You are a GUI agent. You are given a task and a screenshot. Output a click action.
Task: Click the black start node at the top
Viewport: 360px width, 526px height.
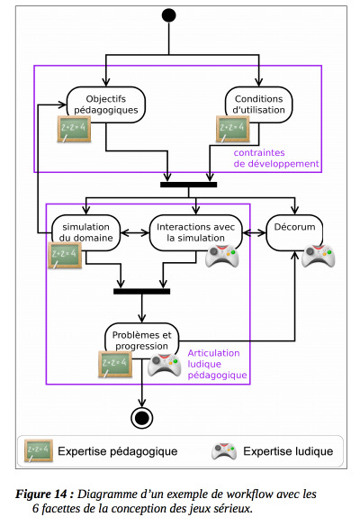(168, 15)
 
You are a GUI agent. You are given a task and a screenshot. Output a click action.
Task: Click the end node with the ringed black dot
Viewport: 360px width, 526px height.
(142, 418)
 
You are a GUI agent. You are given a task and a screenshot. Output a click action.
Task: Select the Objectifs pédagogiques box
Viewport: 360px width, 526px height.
(106, 104)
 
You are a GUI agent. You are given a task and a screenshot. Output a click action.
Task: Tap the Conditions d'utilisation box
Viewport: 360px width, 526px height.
(259, 104)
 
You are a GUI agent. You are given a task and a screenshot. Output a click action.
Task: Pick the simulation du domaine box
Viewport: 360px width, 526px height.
(85, 232)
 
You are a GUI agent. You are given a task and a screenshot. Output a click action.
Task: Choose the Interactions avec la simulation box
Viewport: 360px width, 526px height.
(196, 232)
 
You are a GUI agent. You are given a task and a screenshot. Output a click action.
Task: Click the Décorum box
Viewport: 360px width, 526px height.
(294, 232)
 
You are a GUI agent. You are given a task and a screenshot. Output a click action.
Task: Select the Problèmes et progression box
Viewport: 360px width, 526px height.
(142, 340)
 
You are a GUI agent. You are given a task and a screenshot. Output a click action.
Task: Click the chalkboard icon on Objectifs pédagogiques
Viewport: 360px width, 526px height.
(74, 129)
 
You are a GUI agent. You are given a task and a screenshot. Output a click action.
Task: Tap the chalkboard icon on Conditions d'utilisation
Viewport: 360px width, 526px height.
(233, 129)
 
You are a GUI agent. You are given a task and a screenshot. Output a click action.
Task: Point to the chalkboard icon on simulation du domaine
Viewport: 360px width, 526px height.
(65, 255)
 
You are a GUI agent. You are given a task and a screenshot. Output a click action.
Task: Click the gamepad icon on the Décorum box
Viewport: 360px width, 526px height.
(319, 256)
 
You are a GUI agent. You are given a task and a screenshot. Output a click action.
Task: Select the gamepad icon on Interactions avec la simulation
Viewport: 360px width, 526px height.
(222, 256)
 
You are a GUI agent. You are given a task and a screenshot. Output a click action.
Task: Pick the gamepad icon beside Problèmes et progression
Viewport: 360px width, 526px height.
(165, 365)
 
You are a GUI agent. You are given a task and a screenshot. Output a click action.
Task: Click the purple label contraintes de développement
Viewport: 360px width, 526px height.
(276, 159)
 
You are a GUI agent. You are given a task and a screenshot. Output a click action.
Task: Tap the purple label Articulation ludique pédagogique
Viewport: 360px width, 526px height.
(217, 364)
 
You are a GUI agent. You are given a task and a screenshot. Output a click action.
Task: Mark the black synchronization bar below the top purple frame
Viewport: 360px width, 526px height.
(189, 185)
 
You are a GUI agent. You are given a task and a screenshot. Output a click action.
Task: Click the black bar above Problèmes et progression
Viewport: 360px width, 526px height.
(142, 292)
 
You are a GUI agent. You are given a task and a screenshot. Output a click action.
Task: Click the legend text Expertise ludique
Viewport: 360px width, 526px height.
(288, 451)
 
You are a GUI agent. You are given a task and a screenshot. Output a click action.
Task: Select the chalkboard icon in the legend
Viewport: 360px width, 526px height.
(39, 451)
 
